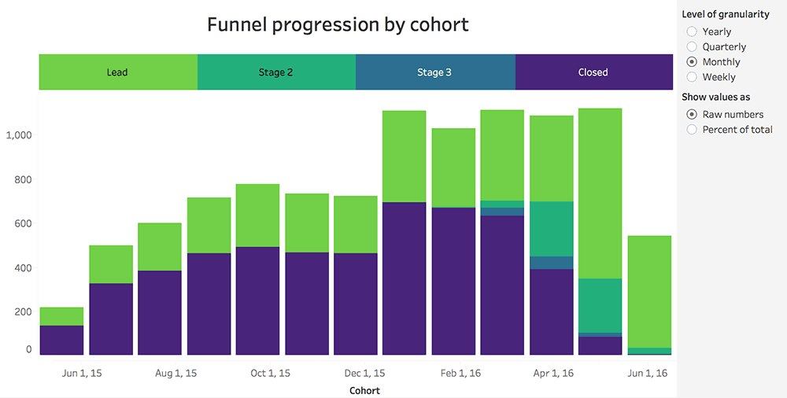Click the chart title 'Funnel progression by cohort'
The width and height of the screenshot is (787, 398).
338,24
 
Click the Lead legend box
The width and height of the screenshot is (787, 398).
118,72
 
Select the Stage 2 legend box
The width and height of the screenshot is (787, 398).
276,72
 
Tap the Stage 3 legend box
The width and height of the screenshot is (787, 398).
435,72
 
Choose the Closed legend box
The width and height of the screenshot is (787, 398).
593,72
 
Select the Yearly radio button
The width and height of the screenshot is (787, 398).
692,31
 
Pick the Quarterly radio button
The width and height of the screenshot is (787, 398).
692,46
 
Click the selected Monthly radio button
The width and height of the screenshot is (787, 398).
692,61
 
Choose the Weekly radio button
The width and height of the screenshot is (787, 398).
692,77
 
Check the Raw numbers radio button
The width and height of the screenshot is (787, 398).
692,114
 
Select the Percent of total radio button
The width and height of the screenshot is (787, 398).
692,129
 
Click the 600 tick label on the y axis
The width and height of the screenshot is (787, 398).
21,223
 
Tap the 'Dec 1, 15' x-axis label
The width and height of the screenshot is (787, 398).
364,373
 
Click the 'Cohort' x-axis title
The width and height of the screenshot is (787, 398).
364,390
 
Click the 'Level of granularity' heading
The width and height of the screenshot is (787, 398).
726,15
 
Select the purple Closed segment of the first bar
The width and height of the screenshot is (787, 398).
61,340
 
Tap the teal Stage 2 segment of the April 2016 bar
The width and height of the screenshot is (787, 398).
551,228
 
